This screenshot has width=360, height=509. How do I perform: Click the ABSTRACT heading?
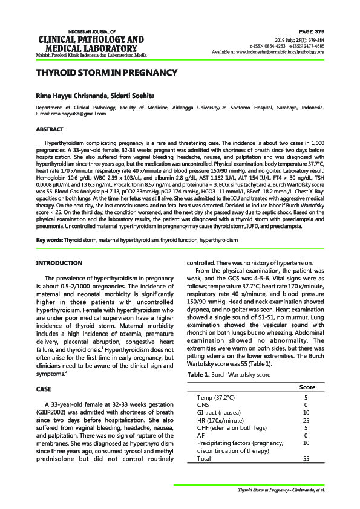pyautogui.click(x=50, y=129)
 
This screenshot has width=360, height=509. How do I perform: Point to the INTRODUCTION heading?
pyautogui.click(x=59, y=263)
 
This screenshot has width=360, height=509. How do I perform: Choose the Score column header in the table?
pyautogui.click(x=309, y=387)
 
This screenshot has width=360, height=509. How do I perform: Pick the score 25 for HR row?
pyautogui.click(x=306, y=420)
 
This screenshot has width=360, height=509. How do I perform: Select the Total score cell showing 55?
pyautogui.click(x=306, y=458)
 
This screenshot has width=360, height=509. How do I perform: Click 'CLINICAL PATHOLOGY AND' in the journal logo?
pyautogui.click(x=91, y=40)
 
